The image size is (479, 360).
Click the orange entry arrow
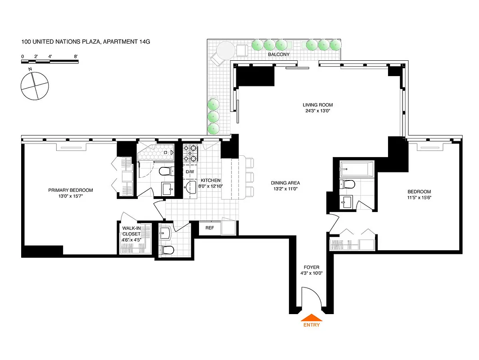tap(311, 318)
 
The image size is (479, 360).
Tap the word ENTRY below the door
tap(311, 325)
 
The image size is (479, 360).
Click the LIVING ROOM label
tap(317, 105)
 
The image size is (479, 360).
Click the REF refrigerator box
tap(209, 228)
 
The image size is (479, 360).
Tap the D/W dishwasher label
tap(190, 172)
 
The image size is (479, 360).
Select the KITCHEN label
tap(210, 180)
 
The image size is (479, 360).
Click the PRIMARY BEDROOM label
tap(73, 190)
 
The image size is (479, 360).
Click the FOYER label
tap(311, 267)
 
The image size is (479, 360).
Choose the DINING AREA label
tap(285, 183)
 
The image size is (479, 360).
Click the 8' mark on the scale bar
tap(77, 57)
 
